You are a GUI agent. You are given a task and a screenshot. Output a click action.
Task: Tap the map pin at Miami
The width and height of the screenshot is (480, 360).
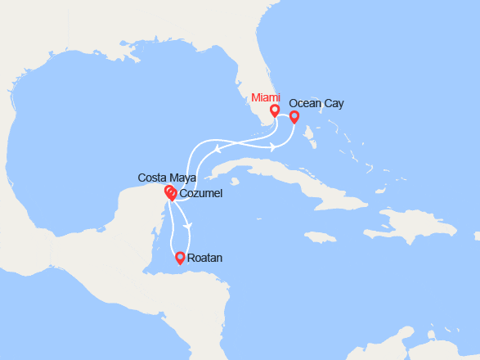click(275, 110)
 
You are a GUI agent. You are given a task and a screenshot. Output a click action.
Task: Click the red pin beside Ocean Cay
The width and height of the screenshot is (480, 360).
click(294, 117)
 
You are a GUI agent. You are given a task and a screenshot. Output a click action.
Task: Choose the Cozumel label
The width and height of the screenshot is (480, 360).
click(200, 193)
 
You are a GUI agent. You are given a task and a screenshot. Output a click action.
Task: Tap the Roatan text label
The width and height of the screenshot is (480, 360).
click(204, 258)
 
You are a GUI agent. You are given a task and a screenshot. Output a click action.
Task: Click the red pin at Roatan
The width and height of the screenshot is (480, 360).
click(180, 259)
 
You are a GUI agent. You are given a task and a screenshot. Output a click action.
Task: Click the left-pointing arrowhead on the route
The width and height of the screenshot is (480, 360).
click(218, 149)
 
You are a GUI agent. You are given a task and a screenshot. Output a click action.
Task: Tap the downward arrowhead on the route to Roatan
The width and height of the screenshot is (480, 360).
click(189, 225)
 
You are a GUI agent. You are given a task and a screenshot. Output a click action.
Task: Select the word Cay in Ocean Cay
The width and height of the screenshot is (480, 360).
click(334, 104)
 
